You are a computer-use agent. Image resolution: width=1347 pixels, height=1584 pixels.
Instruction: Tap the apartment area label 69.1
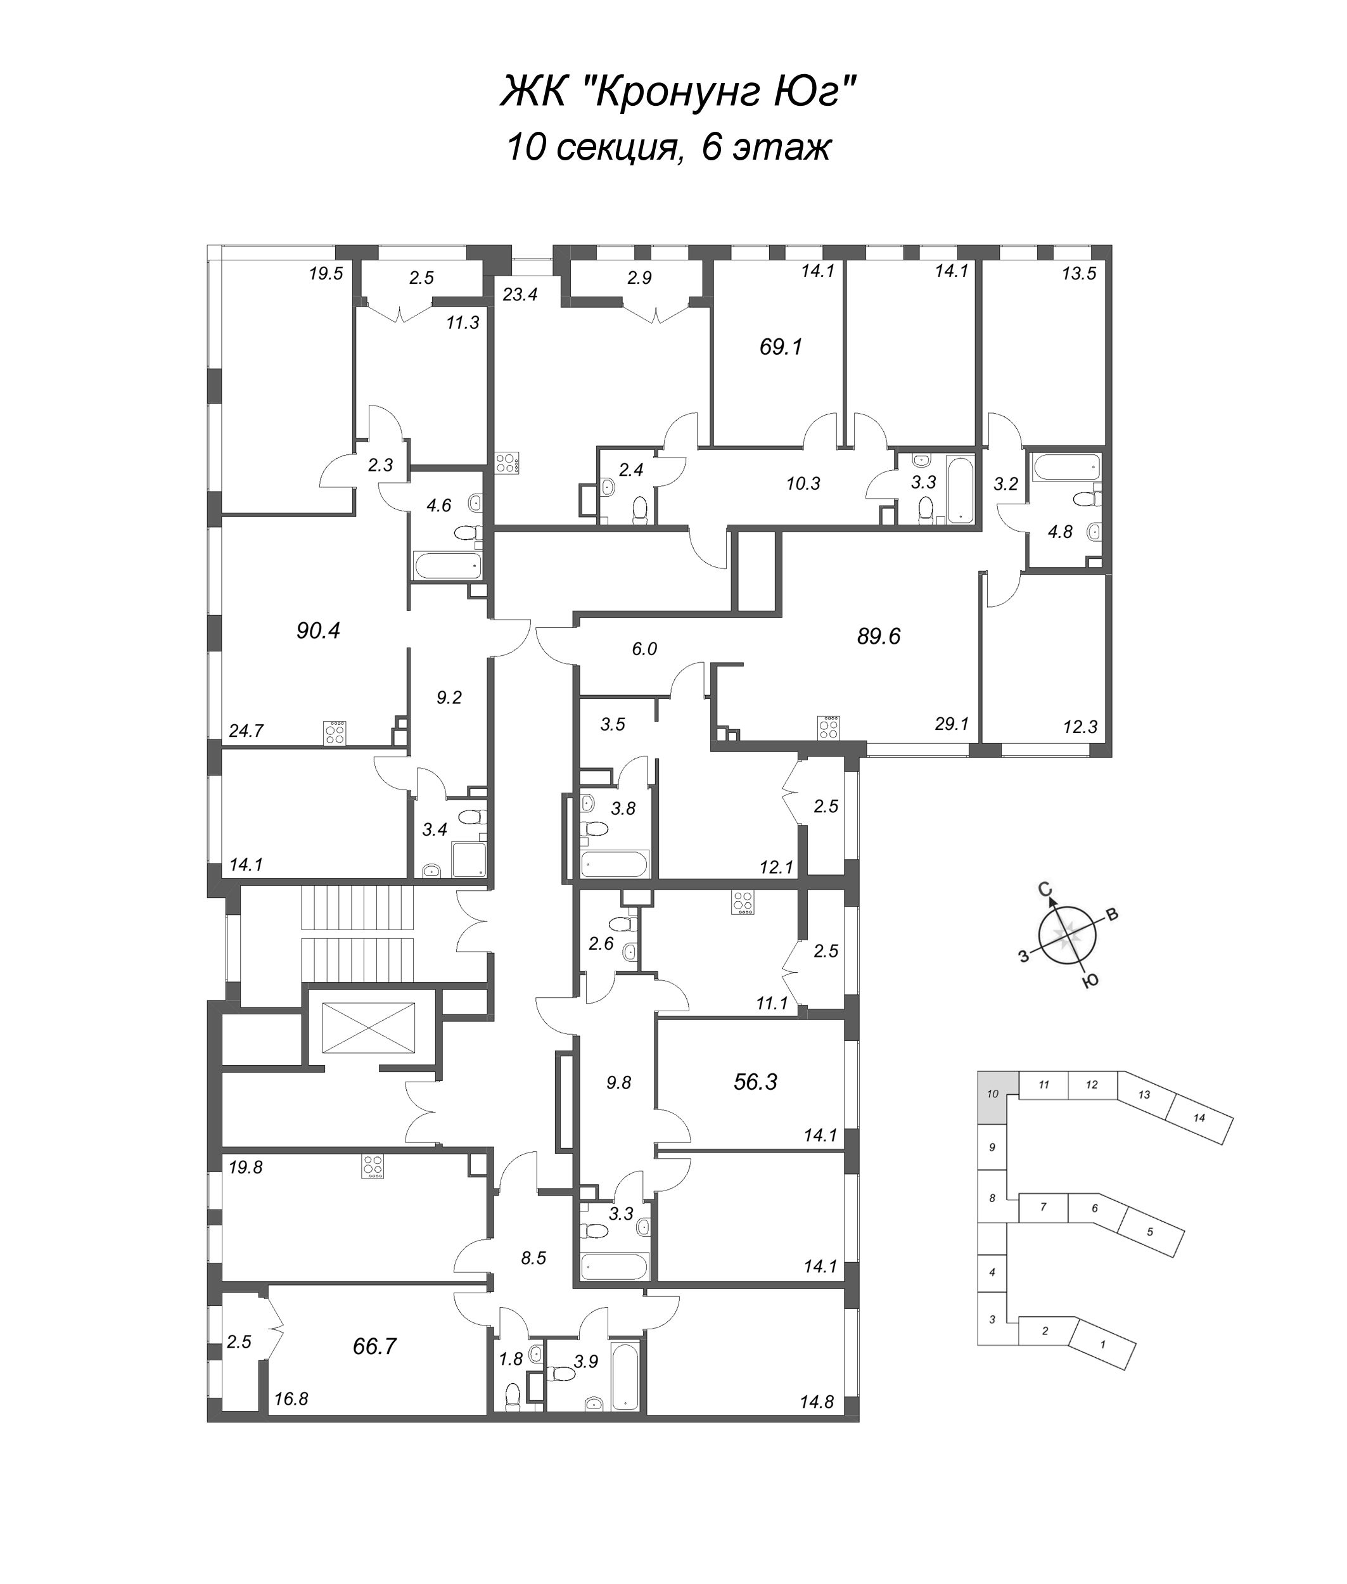[x=781, y=347]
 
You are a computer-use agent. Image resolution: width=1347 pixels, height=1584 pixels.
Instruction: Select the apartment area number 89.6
[x=879, y=636]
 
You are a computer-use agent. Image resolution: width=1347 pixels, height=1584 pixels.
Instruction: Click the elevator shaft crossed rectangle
[x=368, y=1028]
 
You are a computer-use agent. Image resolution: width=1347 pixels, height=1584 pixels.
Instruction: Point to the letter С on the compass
[x=1045, y=888]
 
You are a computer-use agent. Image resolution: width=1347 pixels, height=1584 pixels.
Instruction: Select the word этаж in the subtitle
[x=781, y=148]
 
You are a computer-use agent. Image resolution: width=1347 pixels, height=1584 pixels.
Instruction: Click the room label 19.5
[x=326, y=274]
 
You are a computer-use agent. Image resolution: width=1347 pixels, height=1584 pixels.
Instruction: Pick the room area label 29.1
[x=952, y=724]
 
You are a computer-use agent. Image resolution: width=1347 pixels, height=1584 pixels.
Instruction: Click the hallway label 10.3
[x=803, y=483]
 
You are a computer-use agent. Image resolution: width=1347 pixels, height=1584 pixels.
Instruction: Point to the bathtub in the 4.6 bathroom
[x=447, y=566]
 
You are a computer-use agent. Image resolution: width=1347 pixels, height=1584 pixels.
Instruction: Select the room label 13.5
[x=1079, y=274]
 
